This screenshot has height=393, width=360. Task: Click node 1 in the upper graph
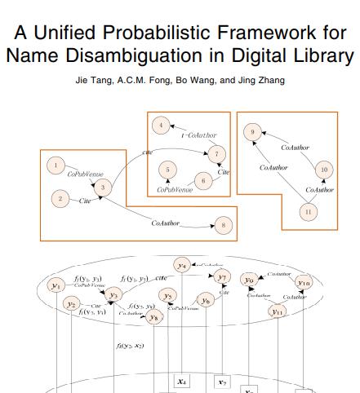click(56, 166)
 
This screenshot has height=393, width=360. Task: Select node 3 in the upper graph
click(103, 188)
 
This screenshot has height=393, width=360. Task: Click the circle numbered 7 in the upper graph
click(216, 153)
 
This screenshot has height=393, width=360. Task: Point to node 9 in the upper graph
click(253, 131)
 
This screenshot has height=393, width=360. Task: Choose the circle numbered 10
click(324, 170)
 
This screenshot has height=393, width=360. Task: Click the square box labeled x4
click(181, 381)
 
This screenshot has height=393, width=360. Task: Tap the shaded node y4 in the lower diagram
click(182, 266)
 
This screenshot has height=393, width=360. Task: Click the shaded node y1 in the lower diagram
click(56, 285)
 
